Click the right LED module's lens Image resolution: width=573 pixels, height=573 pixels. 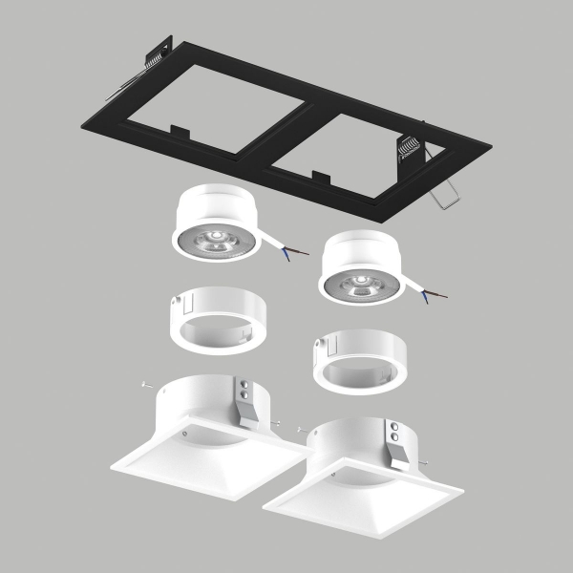click(361, 283)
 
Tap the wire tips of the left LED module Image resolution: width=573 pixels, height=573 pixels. click(302, 253)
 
